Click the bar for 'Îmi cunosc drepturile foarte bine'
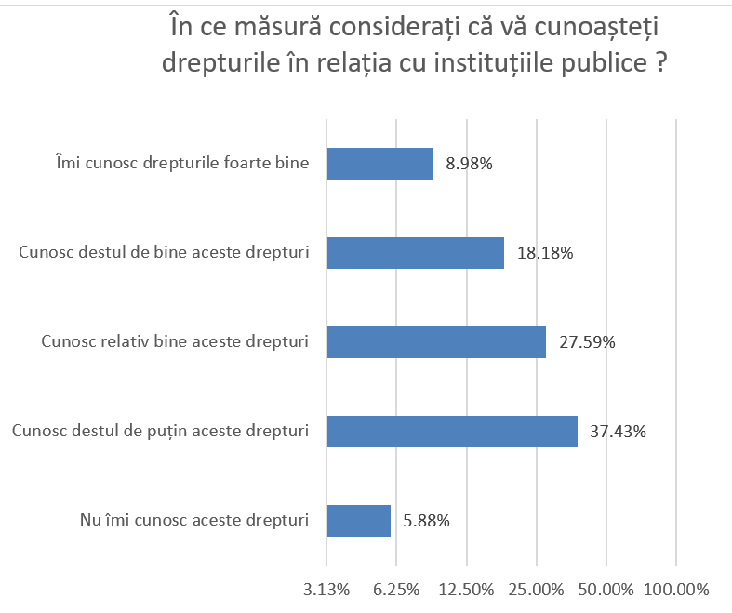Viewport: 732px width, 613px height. tap(379, 164)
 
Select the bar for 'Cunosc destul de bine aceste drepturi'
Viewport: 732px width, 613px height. tap(415, 253)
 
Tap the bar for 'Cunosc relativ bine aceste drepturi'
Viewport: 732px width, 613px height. tap(436, 342)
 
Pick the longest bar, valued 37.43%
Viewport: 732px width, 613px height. tap(452, 432)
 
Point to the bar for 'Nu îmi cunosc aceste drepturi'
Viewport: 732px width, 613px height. tap(358, 521)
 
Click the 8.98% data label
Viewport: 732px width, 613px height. tap(469, 164)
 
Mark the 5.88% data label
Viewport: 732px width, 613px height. tap(426, 521)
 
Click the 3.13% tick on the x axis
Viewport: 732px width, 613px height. tap(326, 589)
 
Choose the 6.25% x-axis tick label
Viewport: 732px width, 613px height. tap(396, 589)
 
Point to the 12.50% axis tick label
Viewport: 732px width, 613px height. tap(466, 589)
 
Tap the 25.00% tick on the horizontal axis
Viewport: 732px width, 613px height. tap(537, 589)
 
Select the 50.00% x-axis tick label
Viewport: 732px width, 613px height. tap(606, 589)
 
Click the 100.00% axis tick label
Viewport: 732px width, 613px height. tap(676, 589)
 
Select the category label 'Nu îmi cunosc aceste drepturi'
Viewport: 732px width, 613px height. tap(193, 521)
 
